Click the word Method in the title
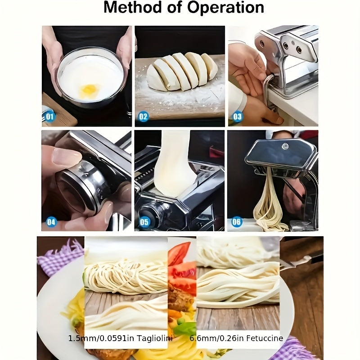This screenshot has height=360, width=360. coord(129,8)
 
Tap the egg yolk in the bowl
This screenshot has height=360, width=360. coord(90,90)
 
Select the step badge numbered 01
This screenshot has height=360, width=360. coord(49,117)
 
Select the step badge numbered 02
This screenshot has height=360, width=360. coord(143,117)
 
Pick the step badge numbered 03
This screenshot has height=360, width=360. coord(237,117)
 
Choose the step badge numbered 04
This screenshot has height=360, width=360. coord(51,221)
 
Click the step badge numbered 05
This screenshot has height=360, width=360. coord(144,221)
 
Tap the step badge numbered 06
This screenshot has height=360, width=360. coord(237,221)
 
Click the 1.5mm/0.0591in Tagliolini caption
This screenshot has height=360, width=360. coord(120,338)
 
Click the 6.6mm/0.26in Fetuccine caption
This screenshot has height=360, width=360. coord(243,338)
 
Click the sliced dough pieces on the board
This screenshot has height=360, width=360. coord(182,72)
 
